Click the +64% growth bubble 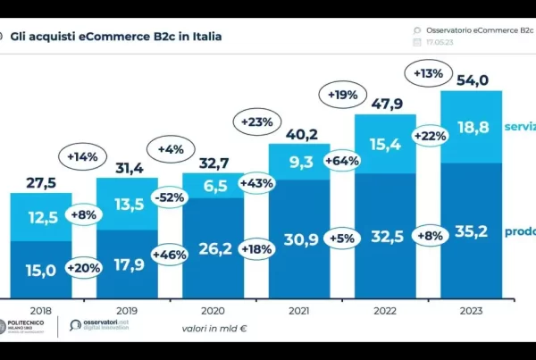(343, 162)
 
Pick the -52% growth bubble (170, 198)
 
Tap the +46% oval (170, 255)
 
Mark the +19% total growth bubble (343, 93)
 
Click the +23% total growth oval (255, 120)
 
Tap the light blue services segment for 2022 (386, 143)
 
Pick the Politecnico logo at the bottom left (26, 325)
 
